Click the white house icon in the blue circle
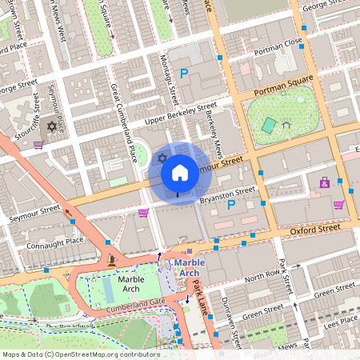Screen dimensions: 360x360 (x=180, y=171)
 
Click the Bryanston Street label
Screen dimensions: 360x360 (x=228, y=193)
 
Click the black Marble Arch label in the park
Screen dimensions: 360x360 (x=130, y=285)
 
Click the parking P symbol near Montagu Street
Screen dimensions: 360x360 (x=183, y=74)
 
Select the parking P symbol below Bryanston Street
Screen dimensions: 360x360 (x=232, y=206)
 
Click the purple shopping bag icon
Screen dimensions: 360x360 (x=143, y=213)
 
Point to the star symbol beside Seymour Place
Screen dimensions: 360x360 (x=53, y=126)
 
